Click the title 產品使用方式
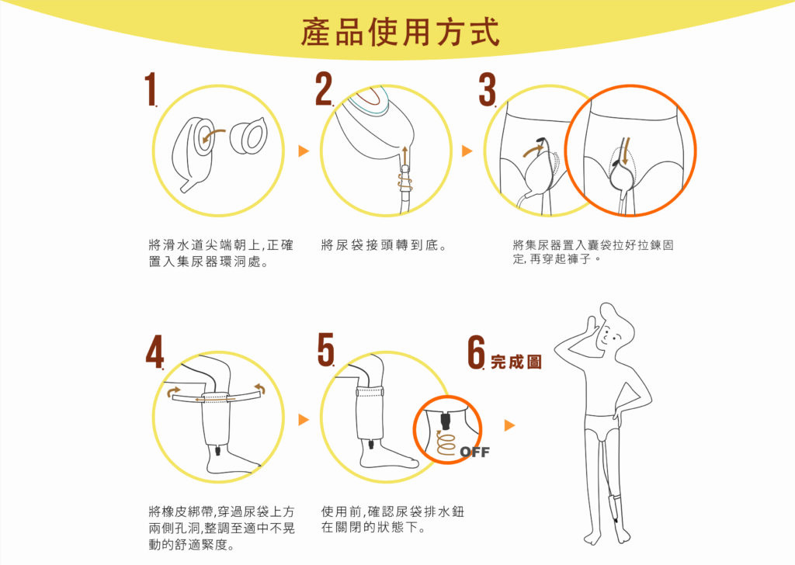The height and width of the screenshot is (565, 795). pos(401,31)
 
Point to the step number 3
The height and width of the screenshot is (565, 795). pos(488,89)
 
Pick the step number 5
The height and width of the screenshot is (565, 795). pos(326,349)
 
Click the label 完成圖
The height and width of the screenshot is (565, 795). pos(516,362)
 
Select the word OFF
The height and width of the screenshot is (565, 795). pos(475,452)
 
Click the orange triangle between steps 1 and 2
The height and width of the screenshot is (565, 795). pos(304,151)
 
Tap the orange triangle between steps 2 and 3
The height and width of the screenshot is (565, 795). pos(467,151)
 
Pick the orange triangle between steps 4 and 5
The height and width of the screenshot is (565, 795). pos(304,420)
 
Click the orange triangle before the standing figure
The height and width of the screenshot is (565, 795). pos(509,425)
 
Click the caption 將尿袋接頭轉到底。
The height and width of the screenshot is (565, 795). pos(384,245)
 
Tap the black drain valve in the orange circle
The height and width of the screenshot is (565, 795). pos(446,420)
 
